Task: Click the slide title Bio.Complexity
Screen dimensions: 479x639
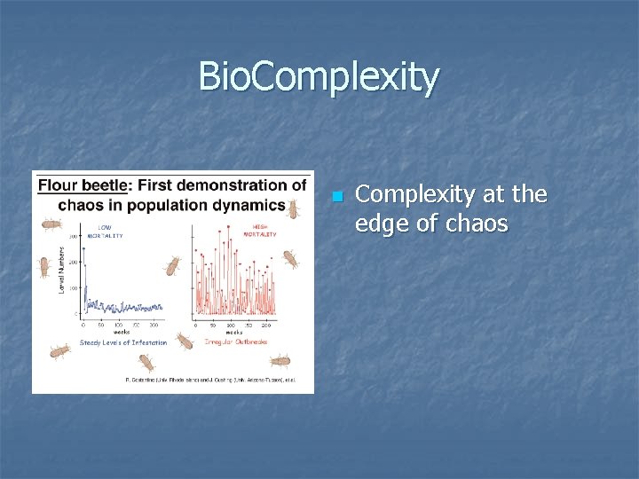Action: pos(319,77)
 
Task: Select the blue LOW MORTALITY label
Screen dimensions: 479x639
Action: pos(105,232)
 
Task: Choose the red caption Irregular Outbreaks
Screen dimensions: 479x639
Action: pos(235,342)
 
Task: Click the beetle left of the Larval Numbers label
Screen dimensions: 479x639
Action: pos(44,265)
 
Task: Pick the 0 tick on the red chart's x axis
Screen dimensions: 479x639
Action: pos(195,326)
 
